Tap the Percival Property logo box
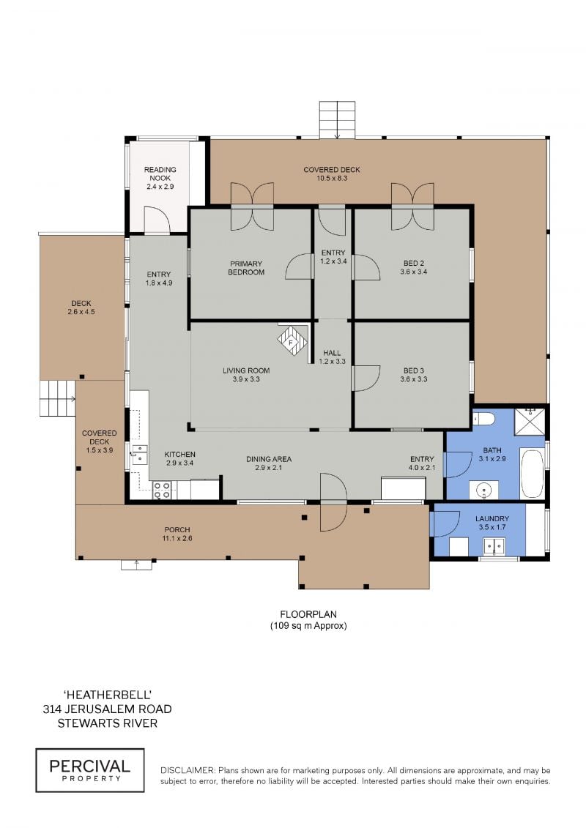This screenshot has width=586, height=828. (x=90, y=770)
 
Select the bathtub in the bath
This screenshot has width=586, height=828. (x=532, y=473)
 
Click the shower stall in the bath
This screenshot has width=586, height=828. (x=530, y=420)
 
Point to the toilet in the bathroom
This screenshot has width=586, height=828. (x=483, y=419)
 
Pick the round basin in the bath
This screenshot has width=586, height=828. (x=484, y=490)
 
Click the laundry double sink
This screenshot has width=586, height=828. (x=494, y=546)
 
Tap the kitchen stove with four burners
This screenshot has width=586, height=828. (x=162, y=491)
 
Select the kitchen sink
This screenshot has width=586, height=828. (x=139, y=454)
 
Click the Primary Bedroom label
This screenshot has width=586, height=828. (x=246, y=268)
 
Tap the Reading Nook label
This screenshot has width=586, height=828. (x=160, y=174)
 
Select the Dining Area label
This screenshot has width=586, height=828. (x=269, y=459)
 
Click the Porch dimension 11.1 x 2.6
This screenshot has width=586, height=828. (x=177, y=538)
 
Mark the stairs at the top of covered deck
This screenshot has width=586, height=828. (x=337, y=119)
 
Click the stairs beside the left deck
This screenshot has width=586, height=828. (x=57, y=398)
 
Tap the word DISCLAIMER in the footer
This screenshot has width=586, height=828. (x=188, y=770)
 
